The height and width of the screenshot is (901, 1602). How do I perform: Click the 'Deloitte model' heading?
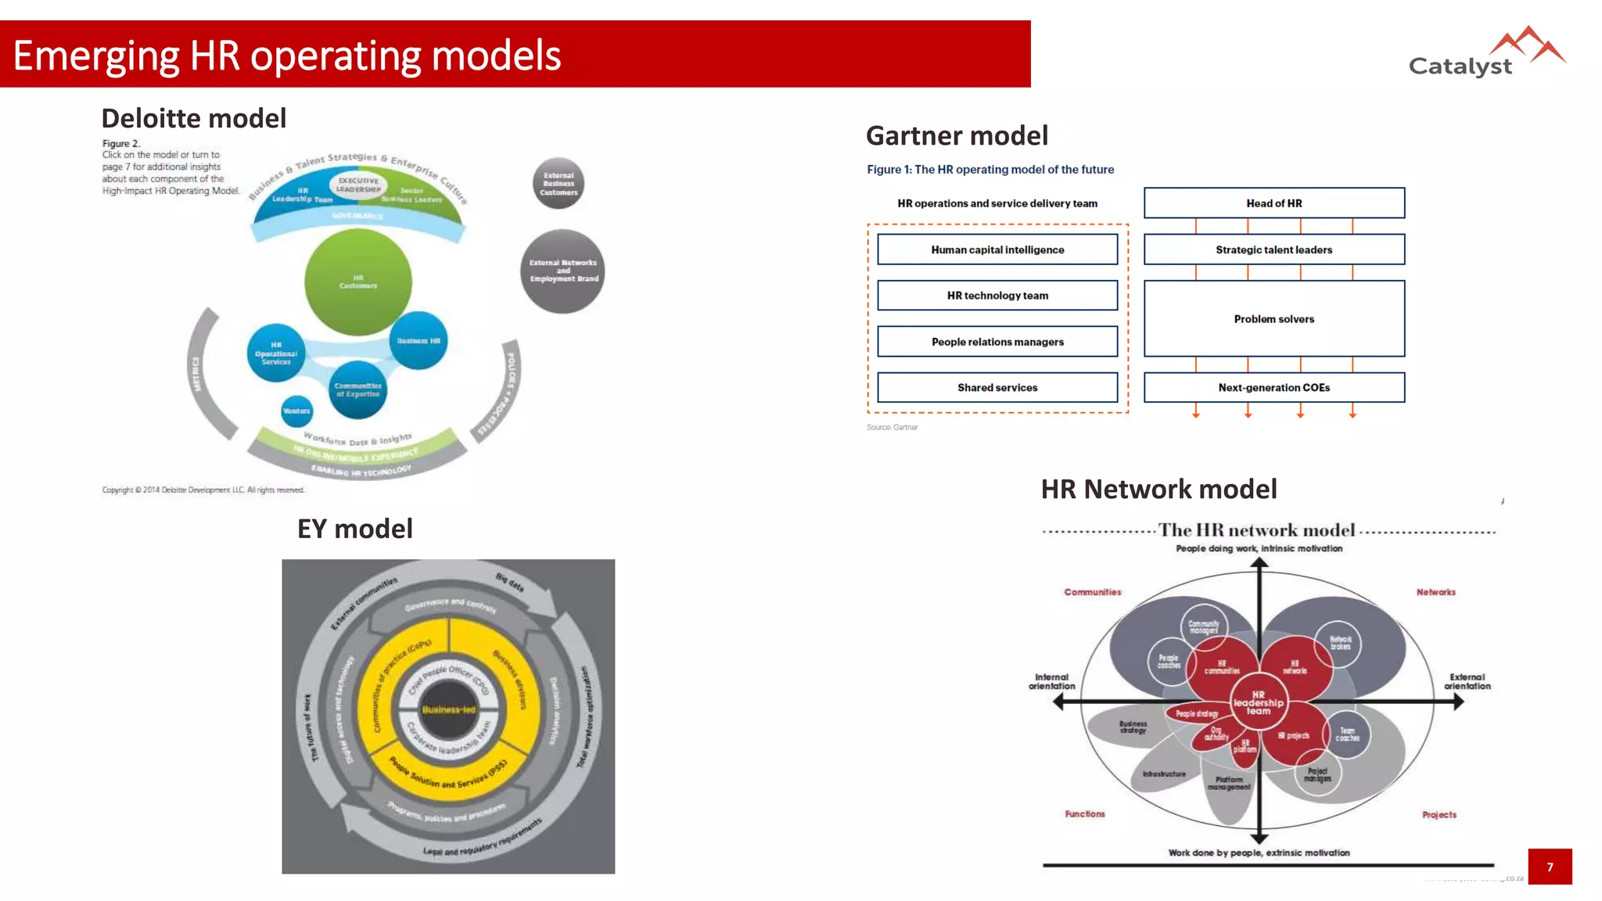pyautogui.click(x=193, y=118)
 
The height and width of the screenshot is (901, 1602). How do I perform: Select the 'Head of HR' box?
pyautogui.click(x=1273, y=203)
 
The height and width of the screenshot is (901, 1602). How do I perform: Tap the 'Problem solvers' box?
pyautogui.click(x=1273, y=318)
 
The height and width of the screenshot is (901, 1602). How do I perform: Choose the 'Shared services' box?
pyautogui.click(x=997, y=387)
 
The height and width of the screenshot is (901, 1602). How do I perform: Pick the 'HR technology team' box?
pyautogui.click(x=997, y=295)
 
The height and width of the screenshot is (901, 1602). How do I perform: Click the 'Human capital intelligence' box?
pyautogui.click(x=997, y=249)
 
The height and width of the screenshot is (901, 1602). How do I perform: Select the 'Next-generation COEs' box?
pyautogui.click(x=1273, y=387)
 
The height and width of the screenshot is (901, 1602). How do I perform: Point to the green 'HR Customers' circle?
pyautogui.click(x=358, y=282)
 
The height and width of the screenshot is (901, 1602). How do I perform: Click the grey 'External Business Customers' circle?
pyautogui.click(x=559, y=184)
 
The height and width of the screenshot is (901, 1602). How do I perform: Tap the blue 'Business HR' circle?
pyautogui.click(x=418, y=340)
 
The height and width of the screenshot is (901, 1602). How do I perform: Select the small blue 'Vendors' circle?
pyautogui.click(x=296, y=411)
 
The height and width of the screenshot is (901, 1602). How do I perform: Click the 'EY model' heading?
pyautogui.click(x=354, y=529)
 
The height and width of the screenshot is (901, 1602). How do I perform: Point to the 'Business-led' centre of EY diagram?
pyautogui.click(x=448, y=710)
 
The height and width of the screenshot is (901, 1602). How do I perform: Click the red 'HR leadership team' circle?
pyautogui.click(x=1258, y=702)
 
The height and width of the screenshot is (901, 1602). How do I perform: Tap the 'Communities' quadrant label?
pyautogui.click(x=1092, y=592)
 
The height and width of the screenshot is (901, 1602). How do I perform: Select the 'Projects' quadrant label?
pyautogui.click(x=1439, y=814)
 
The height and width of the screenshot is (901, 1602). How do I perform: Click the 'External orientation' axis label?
pyautogui.click(x=1467, y=681)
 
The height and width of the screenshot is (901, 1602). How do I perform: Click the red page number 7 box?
pyautogui.click(x=1549, y=867)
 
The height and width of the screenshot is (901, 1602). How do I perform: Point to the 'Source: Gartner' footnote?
pyautogui.click(x=892, y=427)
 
